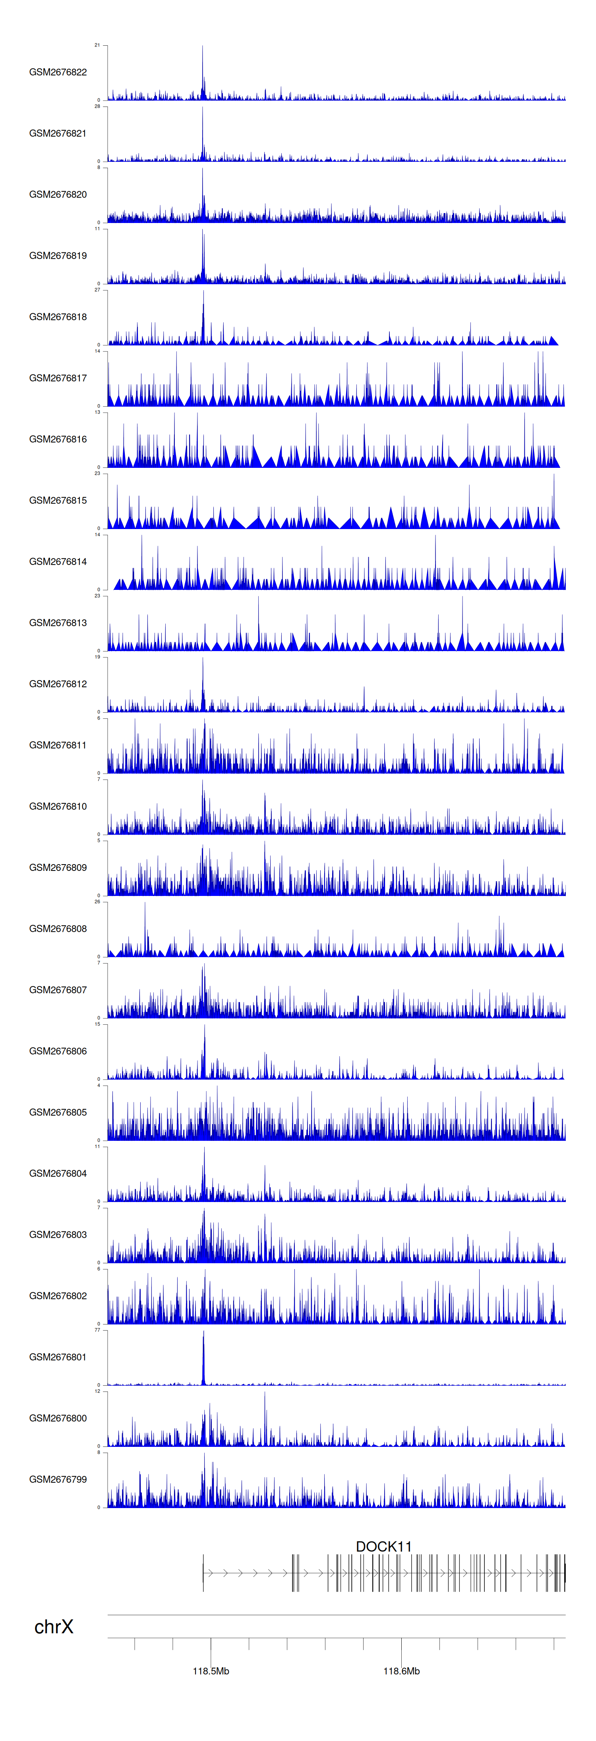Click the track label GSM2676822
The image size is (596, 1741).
(x=58, y=72)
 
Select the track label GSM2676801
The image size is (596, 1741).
(x=58, y=1357)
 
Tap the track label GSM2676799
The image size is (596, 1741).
(x=58, y=1479)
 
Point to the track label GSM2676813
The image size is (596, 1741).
(x=58, y=623)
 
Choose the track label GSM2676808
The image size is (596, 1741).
(x=58, y=929)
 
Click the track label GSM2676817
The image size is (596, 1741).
(x=58, y=378)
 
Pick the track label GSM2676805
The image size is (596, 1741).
(x=58, y=1113)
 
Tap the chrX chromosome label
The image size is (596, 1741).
(x=53, y=1627)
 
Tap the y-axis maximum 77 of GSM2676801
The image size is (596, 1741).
(x=97, y=1330)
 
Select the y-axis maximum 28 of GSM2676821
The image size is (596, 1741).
(x=97, y=106)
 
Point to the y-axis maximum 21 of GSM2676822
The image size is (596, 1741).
(x=97, y=45)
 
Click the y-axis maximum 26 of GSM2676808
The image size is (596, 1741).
(x=97, y=902)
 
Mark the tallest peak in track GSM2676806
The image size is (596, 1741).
(x=205, y=1026)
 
